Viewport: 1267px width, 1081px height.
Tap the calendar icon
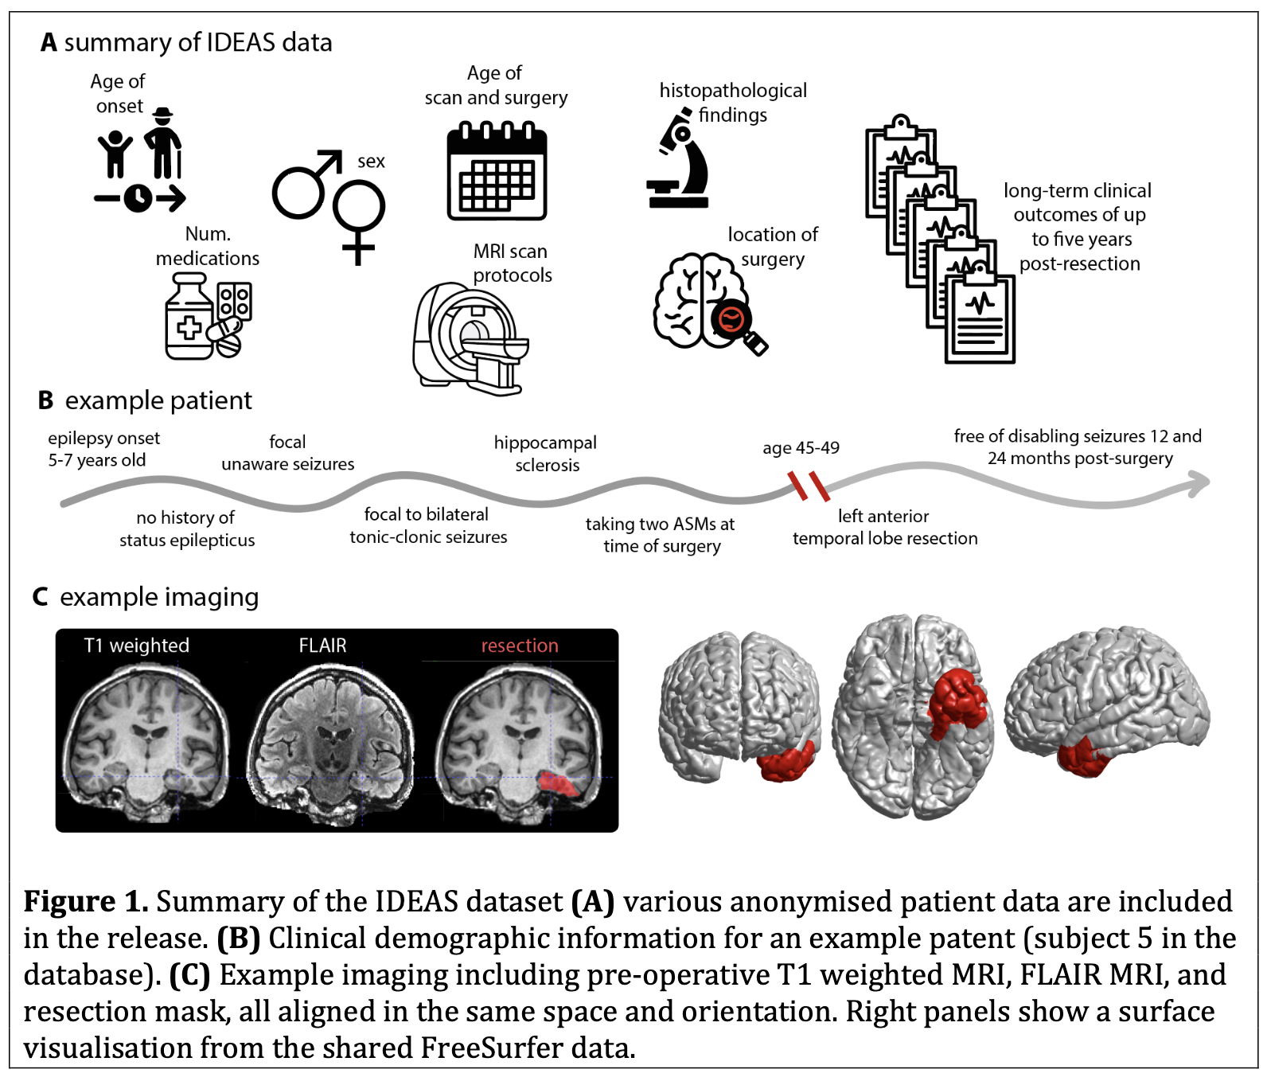pyautogui.click(x=497, y=171)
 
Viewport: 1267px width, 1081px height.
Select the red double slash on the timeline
pyautogui.click(x=809, y=485)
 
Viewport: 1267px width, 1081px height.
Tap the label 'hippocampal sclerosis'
pyautogui.click(x=545, y=454)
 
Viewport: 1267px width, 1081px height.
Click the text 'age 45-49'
pyautogui.click(x=801, y=447)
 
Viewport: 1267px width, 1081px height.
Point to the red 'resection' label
pyautogui.click(x=519, y=646)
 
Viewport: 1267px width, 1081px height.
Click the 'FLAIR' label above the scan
pyautogui.click(x=322, y=646)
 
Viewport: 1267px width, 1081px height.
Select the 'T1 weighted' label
pyautogui.click(x=137, y=646)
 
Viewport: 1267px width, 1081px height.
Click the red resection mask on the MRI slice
pyautogui.click(x=560, y=784)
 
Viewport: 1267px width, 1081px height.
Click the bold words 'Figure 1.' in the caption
pyautogui.click(x=86, y=902)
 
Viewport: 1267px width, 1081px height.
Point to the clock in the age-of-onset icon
pyautogui.click(x=138, y=197)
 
